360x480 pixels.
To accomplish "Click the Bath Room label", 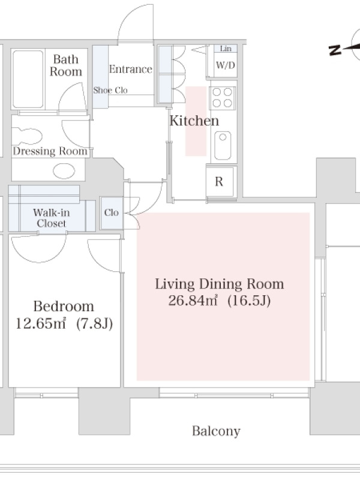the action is tap(66, 65).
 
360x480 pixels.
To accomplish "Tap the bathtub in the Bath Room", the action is tap(28, 79).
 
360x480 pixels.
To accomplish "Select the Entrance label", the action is tap(131, 69).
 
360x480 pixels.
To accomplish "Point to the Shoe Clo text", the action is tap(110, 91).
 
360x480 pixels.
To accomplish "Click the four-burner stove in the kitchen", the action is tap(222, 98).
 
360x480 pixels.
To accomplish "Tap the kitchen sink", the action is tap(223, 145).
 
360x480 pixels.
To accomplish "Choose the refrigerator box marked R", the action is tap(221, 182).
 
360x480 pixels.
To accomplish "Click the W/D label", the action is tap(226, 65).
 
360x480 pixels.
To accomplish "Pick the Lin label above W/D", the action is tap(226, 49).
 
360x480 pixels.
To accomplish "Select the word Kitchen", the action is tap(194, 121).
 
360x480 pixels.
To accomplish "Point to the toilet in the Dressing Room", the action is tap(27, 136).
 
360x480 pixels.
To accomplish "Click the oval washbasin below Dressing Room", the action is tap(64, 171).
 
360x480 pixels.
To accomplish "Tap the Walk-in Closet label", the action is tap(52, 218).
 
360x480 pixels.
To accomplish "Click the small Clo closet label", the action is tap(112, 212).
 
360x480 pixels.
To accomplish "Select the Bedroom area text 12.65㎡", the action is tap(41, 323).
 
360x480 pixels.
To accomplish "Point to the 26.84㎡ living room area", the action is tap(193, 301).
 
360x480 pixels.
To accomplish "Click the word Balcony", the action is tap(216, 431).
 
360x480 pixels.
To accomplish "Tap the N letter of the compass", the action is tap(335, 50).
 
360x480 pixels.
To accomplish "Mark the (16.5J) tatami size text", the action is tap(249, 301).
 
